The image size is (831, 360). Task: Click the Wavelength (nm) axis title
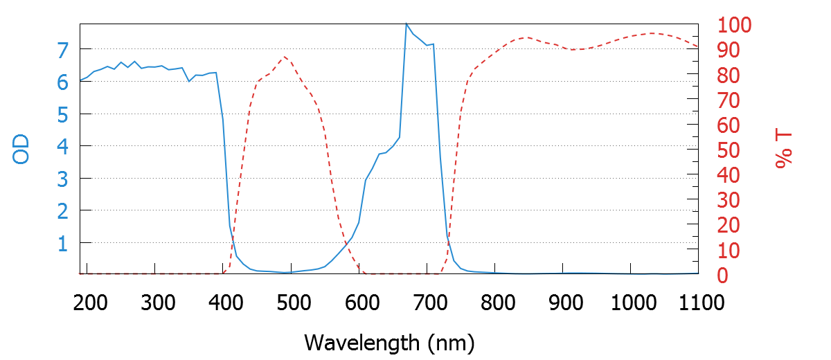[388, 342]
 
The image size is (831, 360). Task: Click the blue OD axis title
[21, 150]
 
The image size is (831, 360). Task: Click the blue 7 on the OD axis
[63, 50]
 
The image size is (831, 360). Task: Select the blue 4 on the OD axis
[63, 147]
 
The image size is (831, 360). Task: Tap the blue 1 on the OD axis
[63, 244]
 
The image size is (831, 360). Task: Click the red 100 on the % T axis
[734, 26]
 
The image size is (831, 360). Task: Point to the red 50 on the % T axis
[727, 151]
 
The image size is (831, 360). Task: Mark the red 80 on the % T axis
[727, 75]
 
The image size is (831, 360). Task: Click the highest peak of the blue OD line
[406, 24]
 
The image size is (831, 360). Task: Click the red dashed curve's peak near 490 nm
[285, 56]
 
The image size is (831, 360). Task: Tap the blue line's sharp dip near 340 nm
[189, 81]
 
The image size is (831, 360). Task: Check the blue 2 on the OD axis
[63, 211]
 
